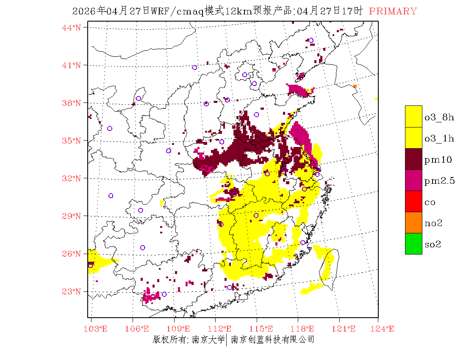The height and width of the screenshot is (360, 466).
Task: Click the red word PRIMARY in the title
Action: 393,11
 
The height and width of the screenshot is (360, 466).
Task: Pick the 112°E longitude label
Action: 222,329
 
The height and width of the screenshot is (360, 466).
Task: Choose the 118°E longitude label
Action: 305,329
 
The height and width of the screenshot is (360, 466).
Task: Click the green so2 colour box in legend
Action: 413,244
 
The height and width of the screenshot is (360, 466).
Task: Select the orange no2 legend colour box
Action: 413,222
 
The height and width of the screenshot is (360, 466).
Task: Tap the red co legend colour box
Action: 413,201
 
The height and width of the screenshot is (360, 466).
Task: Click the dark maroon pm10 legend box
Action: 413,159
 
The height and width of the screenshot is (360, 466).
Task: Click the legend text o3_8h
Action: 439,117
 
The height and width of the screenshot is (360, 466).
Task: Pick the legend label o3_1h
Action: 439,138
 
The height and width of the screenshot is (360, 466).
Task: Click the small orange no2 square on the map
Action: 355,86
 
